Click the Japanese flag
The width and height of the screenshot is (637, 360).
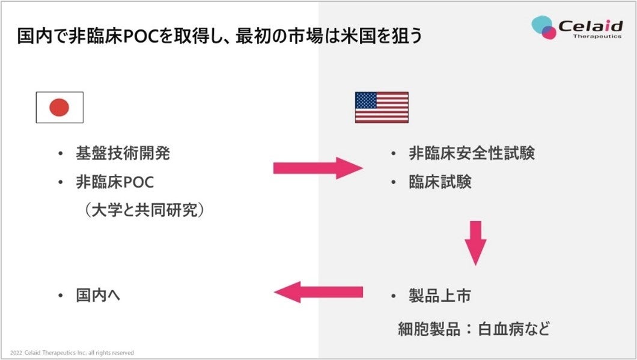pos(59,108)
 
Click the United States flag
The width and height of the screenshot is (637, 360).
pos(381,108)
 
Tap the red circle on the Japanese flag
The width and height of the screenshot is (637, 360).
pos(59,108)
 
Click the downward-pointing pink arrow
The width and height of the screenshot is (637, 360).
pos(475,242)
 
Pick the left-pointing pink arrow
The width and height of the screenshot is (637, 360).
pos(318,293)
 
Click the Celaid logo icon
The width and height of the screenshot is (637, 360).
pos(544,28)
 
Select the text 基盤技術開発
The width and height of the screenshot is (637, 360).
pos(123,153)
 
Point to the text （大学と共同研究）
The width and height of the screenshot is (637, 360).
pos(144,210)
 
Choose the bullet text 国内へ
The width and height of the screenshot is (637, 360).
pos(99,296)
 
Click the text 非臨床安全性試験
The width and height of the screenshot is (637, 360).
pos(471,153)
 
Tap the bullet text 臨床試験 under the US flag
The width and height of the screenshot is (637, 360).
pos(440,182)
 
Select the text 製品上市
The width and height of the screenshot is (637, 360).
pos(440,296)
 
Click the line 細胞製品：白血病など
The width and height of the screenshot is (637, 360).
pos(474,329)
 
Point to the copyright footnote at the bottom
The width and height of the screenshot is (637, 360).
pos(72,352)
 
